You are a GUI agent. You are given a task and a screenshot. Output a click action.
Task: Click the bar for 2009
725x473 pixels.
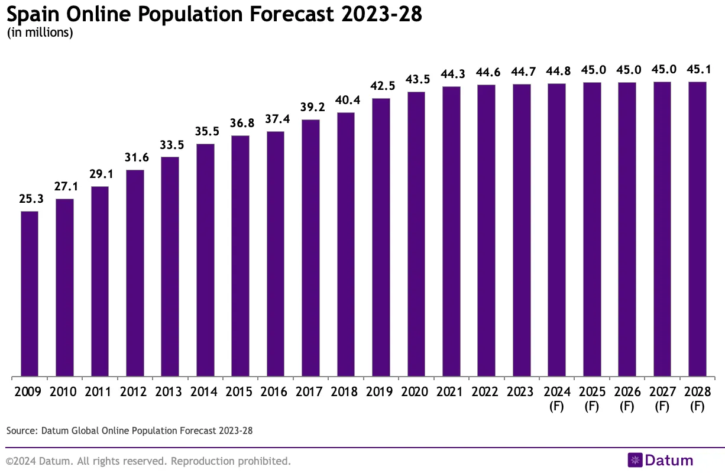tap(30, 293)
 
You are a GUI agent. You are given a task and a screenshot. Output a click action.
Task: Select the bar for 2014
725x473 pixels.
tap(205, 260)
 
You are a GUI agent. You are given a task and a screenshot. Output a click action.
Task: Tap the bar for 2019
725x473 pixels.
tap(381, 237)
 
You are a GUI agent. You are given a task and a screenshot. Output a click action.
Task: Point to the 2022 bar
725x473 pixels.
tap(486, 231)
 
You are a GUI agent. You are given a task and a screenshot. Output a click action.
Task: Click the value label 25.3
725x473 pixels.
tap(30, 199)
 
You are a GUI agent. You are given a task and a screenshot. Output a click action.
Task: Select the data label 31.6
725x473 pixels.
tap(135, 158)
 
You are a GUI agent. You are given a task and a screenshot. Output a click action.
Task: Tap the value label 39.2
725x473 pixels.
tap(310, 108)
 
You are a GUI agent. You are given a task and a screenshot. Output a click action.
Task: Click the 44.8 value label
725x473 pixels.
tap(556, 72)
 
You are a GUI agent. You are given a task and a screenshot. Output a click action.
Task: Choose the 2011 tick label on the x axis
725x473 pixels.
tap(100, 392)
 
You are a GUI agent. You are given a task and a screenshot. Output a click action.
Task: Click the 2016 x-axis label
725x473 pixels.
tap(276, 392)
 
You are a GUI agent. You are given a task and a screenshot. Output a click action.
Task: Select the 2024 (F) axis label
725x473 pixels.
tap(556, 399)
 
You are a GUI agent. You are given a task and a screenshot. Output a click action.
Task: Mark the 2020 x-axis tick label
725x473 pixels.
tap(416, 392)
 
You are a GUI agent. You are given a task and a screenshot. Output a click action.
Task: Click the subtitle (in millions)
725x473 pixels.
tap(40, 33)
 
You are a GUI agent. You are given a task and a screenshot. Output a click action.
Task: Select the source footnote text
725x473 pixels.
tap(130, 430)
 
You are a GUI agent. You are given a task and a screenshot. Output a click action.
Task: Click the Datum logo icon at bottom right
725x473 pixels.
tap(635, 461)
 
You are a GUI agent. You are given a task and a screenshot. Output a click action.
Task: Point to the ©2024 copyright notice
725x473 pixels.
tap(148, 461)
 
